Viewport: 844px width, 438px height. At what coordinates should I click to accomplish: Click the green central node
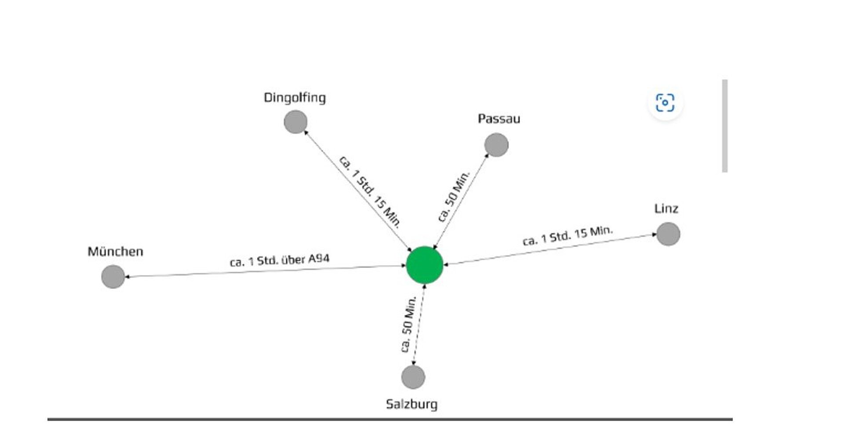point(424,265)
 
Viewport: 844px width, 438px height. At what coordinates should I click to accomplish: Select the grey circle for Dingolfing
point(295,122)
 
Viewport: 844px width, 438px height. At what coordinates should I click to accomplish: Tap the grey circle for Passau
point(496,145)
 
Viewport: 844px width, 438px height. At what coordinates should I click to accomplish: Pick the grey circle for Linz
point(668,234)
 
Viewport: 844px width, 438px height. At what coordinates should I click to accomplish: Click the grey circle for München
point(113,277)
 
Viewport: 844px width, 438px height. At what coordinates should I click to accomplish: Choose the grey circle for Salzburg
point(413,377)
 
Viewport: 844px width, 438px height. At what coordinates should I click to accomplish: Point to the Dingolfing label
point(295,98)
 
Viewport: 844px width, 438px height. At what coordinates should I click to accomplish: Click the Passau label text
point(499,119)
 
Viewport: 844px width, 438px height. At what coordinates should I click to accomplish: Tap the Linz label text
point(666,208)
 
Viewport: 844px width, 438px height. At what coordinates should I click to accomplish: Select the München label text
point(115,252)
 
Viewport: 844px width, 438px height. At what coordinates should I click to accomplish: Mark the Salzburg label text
point(411,404)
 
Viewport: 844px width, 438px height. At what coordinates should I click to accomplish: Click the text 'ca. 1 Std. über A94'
point(280,260)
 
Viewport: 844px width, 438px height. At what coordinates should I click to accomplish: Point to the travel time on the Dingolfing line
point(370,192)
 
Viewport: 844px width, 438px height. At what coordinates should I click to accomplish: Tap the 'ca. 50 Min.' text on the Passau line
point(454,196)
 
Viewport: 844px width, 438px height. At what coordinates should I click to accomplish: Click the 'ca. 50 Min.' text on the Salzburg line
point(408,324)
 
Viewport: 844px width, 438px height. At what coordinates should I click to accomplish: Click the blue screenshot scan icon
point(665,103)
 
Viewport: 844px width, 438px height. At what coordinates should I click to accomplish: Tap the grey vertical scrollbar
point(724,126)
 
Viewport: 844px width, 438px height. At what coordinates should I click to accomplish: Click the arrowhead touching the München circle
point(127,277)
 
